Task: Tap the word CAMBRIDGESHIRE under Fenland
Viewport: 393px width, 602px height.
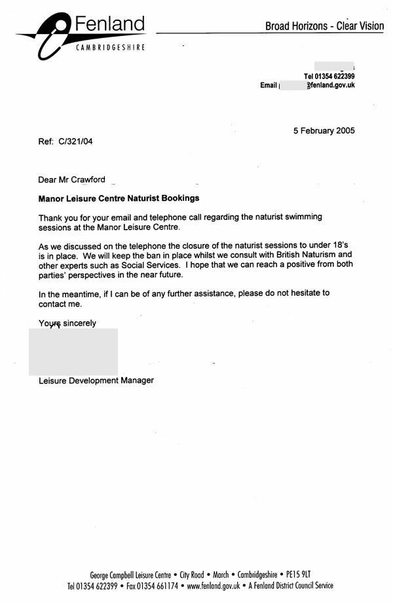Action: [110, 48]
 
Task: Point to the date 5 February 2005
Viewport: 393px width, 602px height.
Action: [324, 130]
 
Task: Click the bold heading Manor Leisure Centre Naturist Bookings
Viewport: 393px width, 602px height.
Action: [119, 197]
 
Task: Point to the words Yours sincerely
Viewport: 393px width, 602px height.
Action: [67, 323]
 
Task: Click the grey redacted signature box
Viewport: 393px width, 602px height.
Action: [73, 351]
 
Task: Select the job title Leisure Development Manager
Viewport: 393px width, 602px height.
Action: [96, 380]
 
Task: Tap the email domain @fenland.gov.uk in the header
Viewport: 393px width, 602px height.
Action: [331, 86]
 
